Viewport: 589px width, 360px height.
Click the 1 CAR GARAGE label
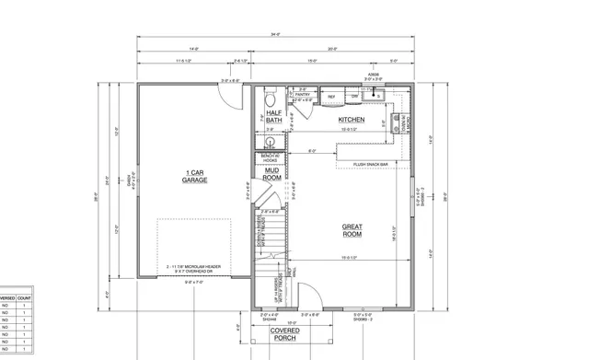coord(194,176)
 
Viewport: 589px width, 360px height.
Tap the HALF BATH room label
coord(273,116)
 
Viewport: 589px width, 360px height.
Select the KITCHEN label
coord(352,120)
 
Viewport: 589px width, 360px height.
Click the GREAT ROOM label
coord(352,230)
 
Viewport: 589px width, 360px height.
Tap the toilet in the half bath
coord(270,99)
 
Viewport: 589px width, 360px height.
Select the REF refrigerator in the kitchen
coord(330,96)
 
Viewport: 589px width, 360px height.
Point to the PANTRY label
coord(303,94)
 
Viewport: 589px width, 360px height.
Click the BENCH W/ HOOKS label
coord(271,158)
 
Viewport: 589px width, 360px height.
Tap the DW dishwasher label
coord(355,96)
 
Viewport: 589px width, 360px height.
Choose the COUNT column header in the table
coord(25,299)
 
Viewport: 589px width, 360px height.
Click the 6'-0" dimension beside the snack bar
coord(312,151)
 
